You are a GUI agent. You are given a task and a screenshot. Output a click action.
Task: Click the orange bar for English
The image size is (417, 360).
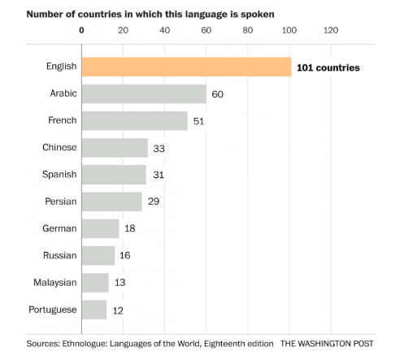click(x=186, y=67)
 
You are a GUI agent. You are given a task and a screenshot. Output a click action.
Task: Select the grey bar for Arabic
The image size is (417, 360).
click(x=144, y=94)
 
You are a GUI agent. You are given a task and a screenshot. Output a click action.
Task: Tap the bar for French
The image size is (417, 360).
click(x=135, y=121)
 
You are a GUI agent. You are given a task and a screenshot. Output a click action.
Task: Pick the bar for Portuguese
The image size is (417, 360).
click(x=94, y=310)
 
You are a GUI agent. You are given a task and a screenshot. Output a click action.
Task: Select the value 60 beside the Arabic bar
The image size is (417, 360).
click(x=217, y=94)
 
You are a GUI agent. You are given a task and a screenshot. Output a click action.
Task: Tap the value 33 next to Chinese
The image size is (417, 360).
click(x=160, y=148)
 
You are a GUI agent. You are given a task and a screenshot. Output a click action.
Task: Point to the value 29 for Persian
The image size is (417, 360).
click(x=153, y=202)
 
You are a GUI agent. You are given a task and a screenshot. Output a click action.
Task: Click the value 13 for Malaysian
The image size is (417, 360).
click(x=119, y=283)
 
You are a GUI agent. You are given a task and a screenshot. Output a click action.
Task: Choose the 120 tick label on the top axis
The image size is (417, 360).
click(x=330, y=31)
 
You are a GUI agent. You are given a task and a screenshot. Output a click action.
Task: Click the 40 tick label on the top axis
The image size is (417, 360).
click(x=165, y=31)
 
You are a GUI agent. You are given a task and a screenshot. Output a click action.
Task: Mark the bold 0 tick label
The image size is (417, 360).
click(x=81, y=31)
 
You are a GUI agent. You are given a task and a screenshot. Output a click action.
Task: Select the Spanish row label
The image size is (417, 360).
click(x=59, y=175)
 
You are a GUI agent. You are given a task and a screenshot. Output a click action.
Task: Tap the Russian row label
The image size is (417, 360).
click(x=60, y=255)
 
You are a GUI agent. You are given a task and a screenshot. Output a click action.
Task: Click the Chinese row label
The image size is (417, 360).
click(x=59, y=147)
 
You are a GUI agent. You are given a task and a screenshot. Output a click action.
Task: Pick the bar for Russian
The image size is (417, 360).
click(x=98, y=255)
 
